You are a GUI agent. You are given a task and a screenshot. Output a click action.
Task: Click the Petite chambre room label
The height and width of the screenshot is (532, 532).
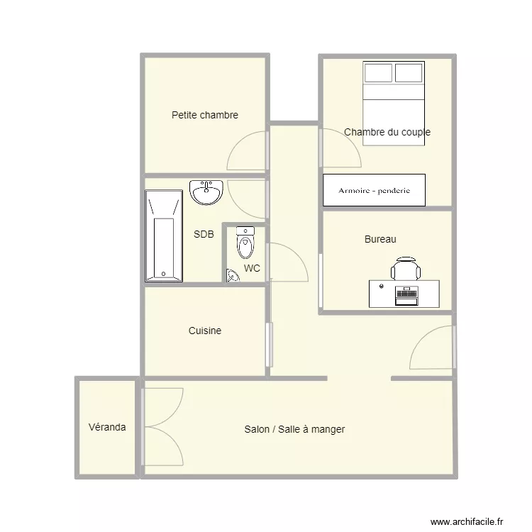click(x=204, y=115)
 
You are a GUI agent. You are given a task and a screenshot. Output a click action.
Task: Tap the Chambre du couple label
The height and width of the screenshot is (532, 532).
click(x=387, y=132)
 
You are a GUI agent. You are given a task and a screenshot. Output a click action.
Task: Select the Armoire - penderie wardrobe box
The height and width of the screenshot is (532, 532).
click(x=374, y=190)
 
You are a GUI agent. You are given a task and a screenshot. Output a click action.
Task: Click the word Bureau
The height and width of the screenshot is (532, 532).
click(x=380, y=239)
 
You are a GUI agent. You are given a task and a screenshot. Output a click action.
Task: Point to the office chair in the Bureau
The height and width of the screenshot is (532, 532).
click(x=406, y=268)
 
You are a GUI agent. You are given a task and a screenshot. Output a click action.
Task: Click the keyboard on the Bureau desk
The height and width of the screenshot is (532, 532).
click(x=406, y=292)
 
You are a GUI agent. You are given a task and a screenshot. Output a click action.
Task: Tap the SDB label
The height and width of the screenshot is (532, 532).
click(x=204, y=234)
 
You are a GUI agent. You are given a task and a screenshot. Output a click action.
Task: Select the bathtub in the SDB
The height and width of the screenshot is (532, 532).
click(x=164, y=235)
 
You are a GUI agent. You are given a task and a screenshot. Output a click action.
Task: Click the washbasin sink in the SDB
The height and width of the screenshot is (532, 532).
click(x=206, y=192)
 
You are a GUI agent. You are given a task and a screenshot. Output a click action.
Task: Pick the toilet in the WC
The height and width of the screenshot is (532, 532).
click(x=245, y=243)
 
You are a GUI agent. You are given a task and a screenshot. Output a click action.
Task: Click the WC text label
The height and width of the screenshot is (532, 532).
click(x=252, y=268)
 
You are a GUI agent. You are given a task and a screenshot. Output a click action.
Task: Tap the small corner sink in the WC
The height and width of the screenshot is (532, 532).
click(x=233, y=275)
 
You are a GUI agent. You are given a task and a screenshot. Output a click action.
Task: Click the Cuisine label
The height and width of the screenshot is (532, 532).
click(x=204, y=331)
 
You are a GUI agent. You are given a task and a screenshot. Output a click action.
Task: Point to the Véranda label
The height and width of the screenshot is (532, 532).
click(x=107, y=427)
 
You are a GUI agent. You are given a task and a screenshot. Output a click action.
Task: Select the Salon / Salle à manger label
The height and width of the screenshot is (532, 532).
click(x=294, y=429)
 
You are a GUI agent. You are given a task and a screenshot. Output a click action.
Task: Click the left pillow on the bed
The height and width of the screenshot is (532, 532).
click(x=378, y=72)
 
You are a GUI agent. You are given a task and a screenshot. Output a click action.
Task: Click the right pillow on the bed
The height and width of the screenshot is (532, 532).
click(x=409, y=72)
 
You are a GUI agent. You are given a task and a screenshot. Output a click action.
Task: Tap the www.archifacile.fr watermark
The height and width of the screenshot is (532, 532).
click(x=467, y=521)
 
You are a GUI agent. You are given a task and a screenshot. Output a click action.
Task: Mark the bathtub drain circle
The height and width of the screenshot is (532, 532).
click(x=163, y=274)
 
